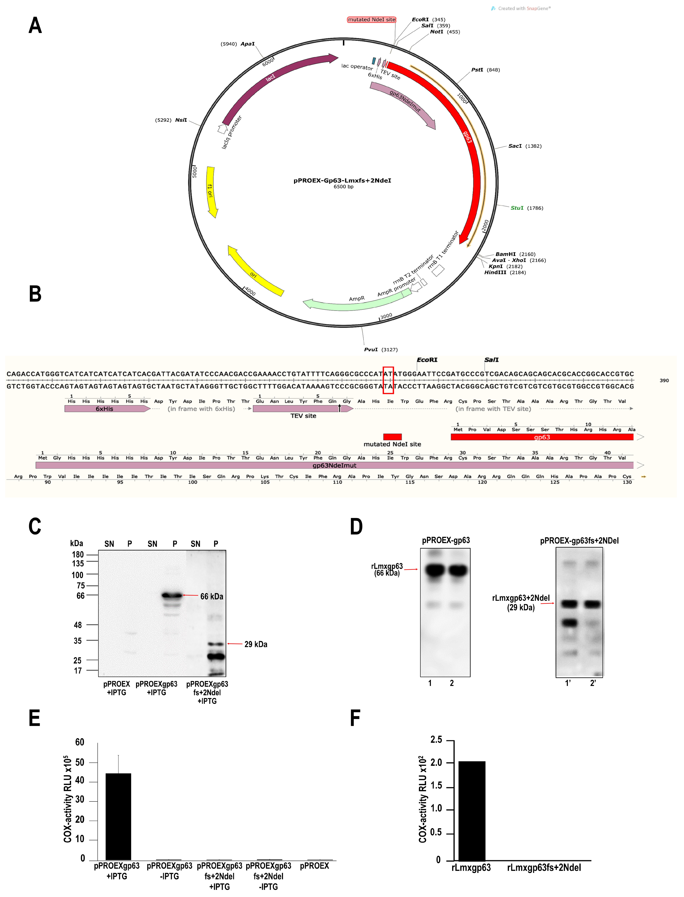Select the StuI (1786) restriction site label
pos(526,208)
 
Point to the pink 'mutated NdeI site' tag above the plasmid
pos(371,19)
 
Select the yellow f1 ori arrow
pos(211,191)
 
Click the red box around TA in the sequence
pos(388,380)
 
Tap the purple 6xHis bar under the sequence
pos(107,409)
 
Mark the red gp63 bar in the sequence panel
pos(541,437)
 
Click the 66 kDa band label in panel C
pos(212,596)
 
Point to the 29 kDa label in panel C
pos(256,644)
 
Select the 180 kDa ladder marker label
pos(78,554)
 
